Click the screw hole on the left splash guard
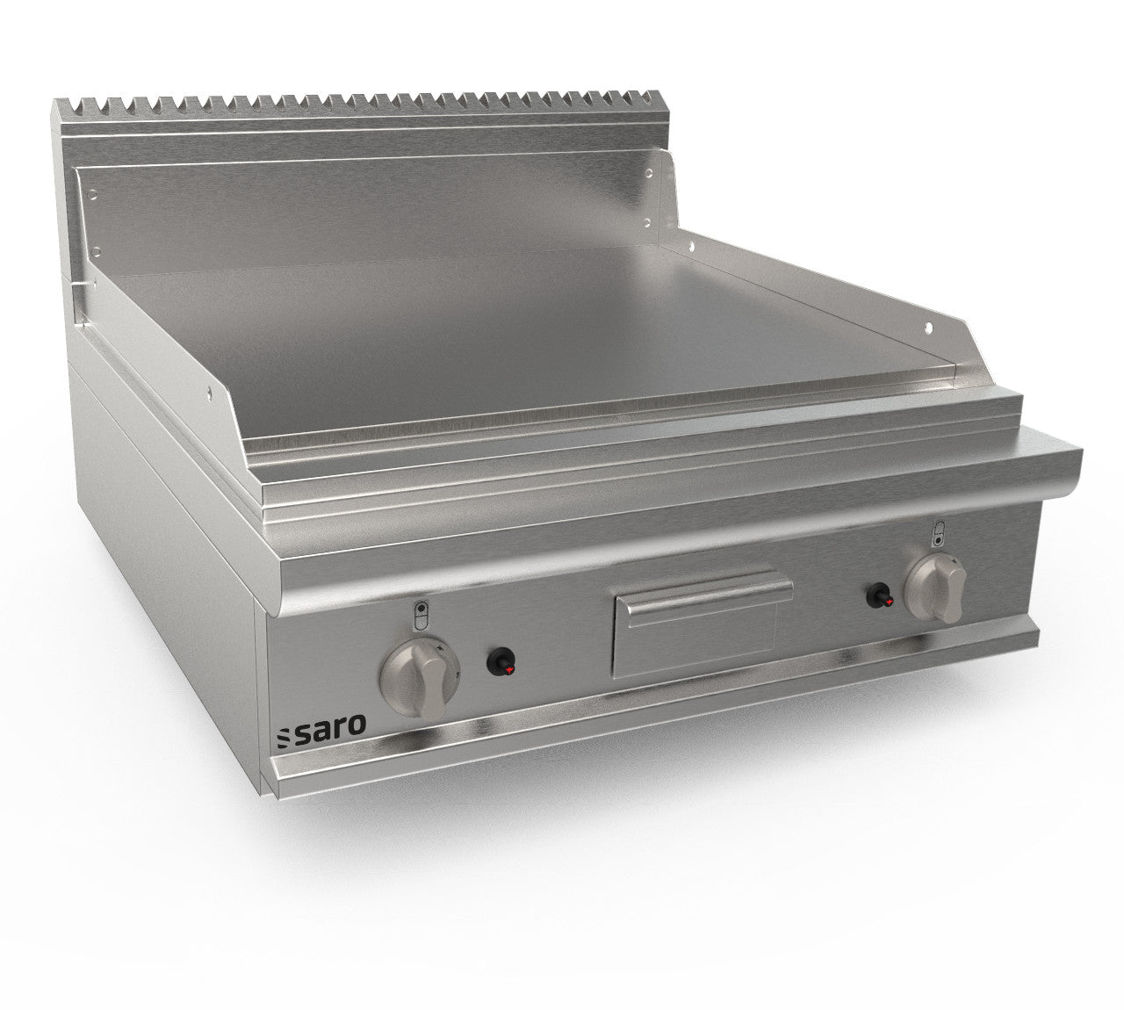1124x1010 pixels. [209, 393]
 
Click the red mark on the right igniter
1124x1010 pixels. [889, 602]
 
